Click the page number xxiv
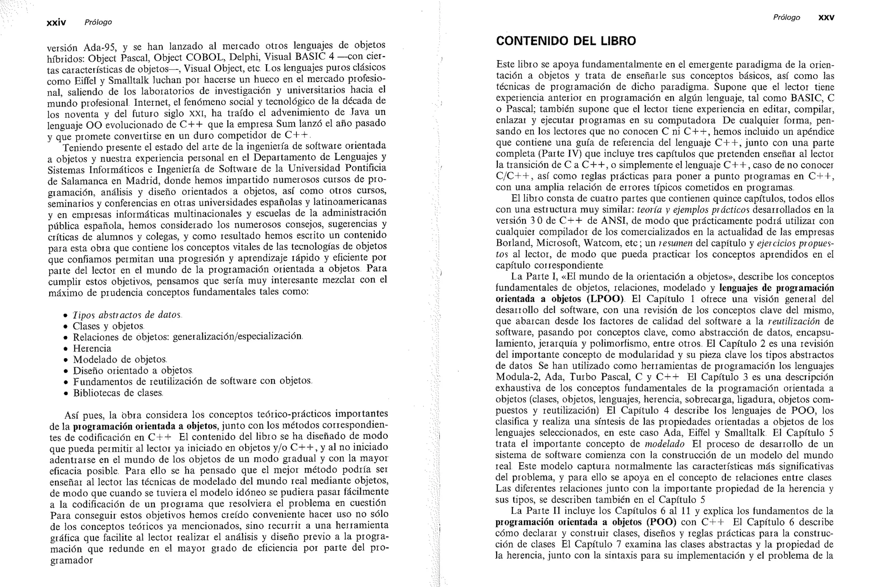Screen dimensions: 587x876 coord(56,22)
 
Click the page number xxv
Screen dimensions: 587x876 coord(826,18)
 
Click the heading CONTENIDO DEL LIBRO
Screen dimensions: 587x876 coord(565,41)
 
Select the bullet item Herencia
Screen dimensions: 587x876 coord(92,348)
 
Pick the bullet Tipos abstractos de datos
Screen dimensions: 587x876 coord(127,315)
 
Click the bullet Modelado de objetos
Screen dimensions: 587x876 coord(120,359)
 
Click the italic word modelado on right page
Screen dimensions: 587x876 coord(664,444)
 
